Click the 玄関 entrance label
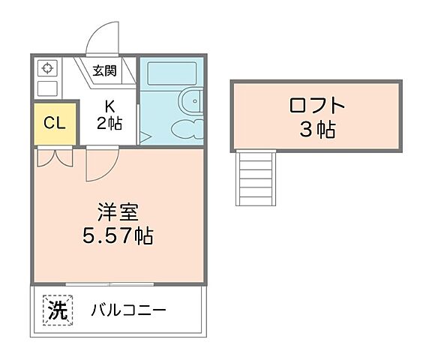coord(105,72)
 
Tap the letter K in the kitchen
coord(109,105)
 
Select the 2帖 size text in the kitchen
coord(109,122)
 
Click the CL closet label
coord(53,122)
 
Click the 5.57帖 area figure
coord(117,237)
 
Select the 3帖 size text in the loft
coord(316,130)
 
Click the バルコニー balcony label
coord(129,310)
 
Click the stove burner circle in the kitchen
coord(46,68)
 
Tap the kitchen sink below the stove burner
coord(46,88)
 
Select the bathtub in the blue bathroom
coord(171,73)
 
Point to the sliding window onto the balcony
coord(109,283)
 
